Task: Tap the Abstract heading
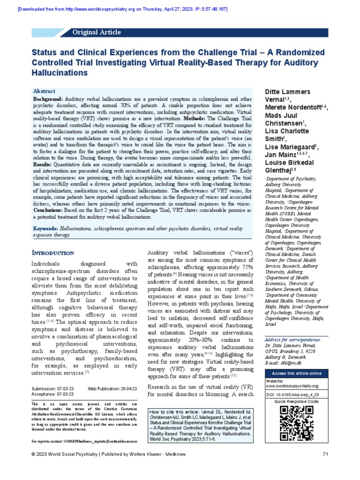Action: (44, 91)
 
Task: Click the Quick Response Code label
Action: (296, 402)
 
